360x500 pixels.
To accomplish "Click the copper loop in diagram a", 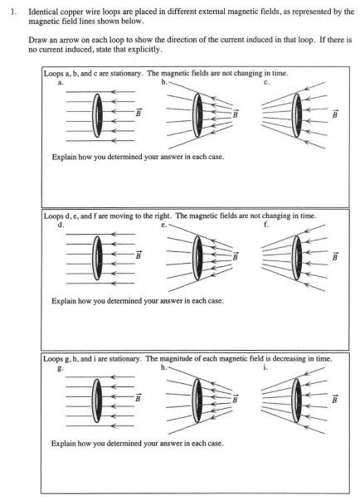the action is [94, 115].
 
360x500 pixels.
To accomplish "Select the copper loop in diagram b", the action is [194, 115].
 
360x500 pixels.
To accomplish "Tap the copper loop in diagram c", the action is [294, 115].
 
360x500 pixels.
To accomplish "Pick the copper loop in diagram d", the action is [94, 258].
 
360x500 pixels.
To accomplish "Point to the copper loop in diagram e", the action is [194, 258].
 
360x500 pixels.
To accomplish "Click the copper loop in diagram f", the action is [294, 258].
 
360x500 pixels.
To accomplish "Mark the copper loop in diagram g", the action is [94, 400].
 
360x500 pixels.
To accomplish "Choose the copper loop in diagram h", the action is [194, 400].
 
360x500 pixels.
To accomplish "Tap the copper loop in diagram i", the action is [294, 400].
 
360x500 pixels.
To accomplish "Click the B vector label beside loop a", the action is [139, 113].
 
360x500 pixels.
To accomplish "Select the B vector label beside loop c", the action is [335, 114].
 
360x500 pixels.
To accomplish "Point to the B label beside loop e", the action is [236, 256].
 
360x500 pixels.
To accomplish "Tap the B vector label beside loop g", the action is [138, 398].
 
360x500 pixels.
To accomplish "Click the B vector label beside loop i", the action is [334, 399].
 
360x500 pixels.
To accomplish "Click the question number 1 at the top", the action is [12, 12].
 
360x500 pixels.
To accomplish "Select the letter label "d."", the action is [61, 225].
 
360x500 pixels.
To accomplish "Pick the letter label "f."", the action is [266, 225].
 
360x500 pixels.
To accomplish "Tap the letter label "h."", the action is [164, 367].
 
